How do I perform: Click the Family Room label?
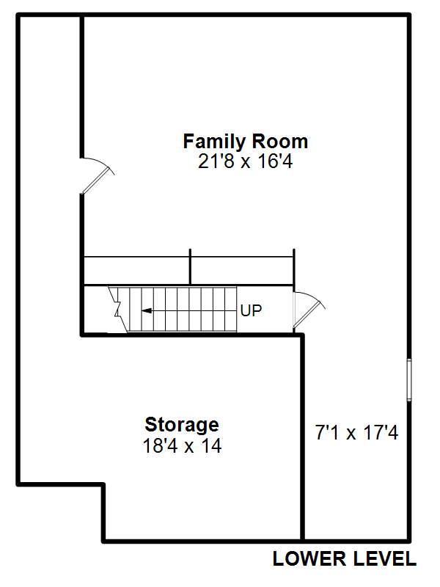tap(246, 142)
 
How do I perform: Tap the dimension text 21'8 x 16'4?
tap(246, 161)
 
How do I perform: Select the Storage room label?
tap(182, 425)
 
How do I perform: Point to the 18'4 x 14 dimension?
tap(182, 446)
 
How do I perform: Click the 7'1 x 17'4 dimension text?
tap(357, 433)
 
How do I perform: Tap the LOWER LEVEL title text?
tap(345, 559)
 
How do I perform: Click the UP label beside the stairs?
tap(251, 310)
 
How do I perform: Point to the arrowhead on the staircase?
tap(146, 310)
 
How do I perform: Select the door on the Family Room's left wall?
tap(98, 175)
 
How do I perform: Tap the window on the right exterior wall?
tap(409, 379)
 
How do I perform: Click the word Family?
tap(214, 142)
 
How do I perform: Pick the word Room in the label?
tap(280, 142)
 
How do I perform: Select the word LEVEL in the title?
tap(385, 559)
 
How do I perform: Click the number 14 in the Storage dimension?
tap(211, 446)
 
